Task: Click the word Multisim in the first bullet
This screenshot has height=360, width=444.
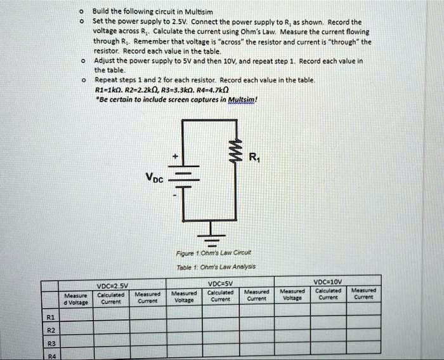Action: (188, 11)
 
